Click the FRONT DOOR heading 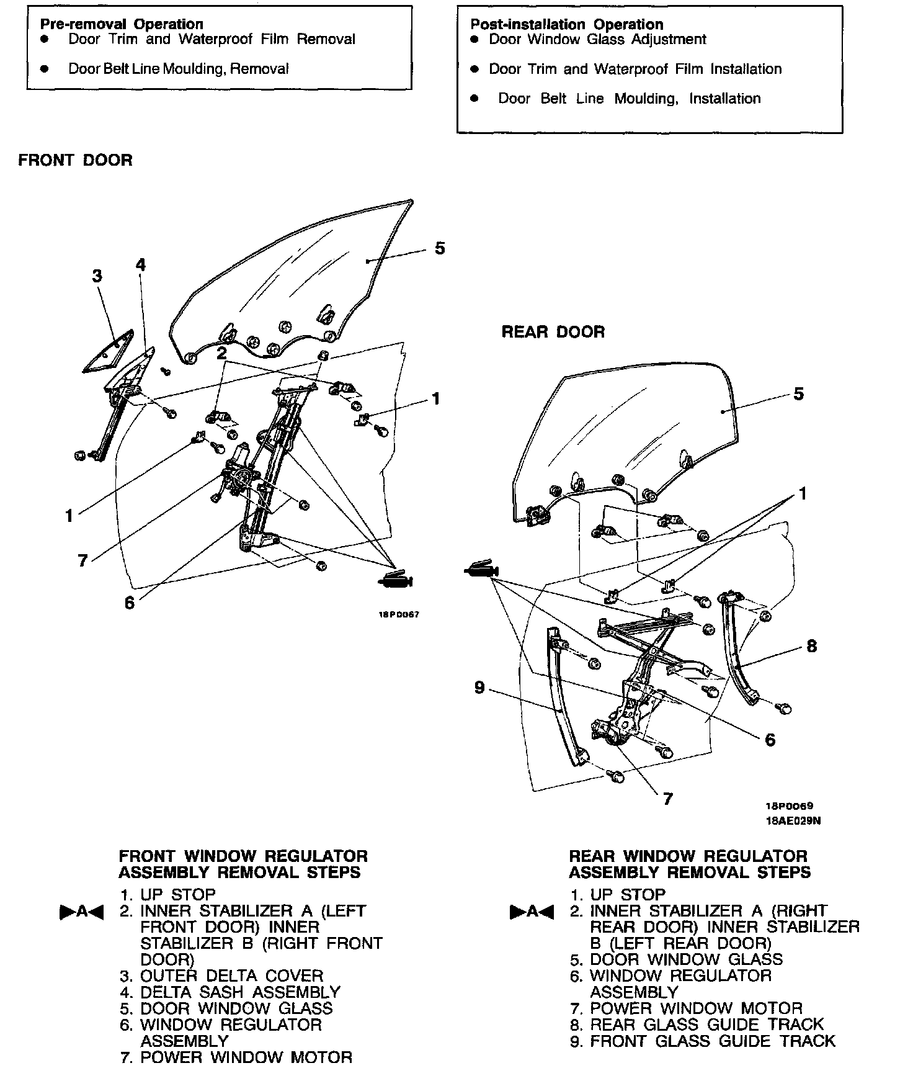coord(75,160)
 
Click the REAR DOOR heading coord(553,332)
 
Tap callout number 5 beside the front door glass coord(440,248)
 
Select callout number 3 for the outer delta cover coord(97,276)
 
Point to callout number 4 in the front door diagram coord(141,265)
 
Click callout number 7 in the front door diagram coord(82,561)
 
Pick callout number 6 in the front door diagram coord(129,603)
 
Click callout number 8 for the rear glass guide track coord(811,646)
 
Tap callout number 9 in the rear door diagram coord(479,688)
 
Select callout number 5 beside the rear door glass coord(798,393)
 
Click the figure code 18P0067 coord(399,615)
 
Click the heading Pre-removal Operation coord(122,24)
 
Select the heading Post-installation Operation coord(567,24)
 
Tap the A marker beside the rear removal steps coord(531,912)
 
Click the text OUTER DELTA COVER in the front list coord(232,976)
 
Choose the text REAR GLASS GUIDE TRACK coord(707,1025)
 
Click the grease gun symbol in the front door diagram coord(396,580)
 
